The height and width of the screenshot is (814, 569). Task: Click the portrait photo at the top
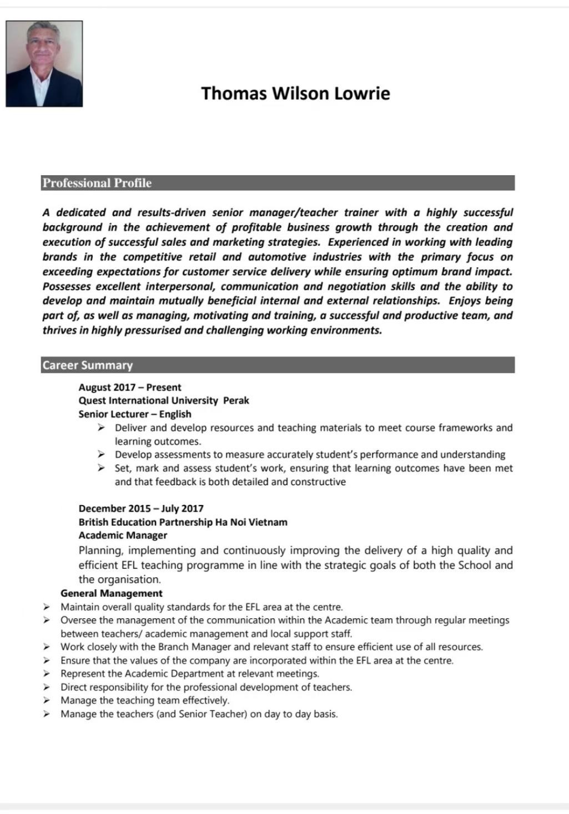pos(44,64)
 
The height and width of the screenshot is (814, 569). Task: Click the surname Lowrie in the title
pos(361,93)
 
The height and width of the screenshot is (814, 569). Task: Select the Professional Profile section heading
pos(97,183)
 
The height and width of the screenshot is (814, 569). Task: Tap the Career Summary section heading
pos(88,365)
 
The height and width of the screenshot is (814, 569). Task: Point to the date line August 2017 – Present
pos(130,387)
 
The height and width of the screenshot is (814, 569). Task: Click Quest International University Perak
pos(164,400)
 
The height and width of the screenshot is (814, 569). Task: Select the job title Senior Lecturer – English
pos(135,414)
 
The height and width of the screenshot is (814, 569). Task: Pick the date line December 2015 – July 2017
pos(141,508)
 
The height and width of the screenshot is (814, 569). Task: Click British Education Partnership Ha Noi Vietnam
pos(183,522)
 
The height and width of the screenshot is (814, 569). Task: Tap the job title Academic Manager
pos(123,535)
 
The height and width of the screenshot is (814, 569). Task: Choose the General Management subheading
pos(112,593)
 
